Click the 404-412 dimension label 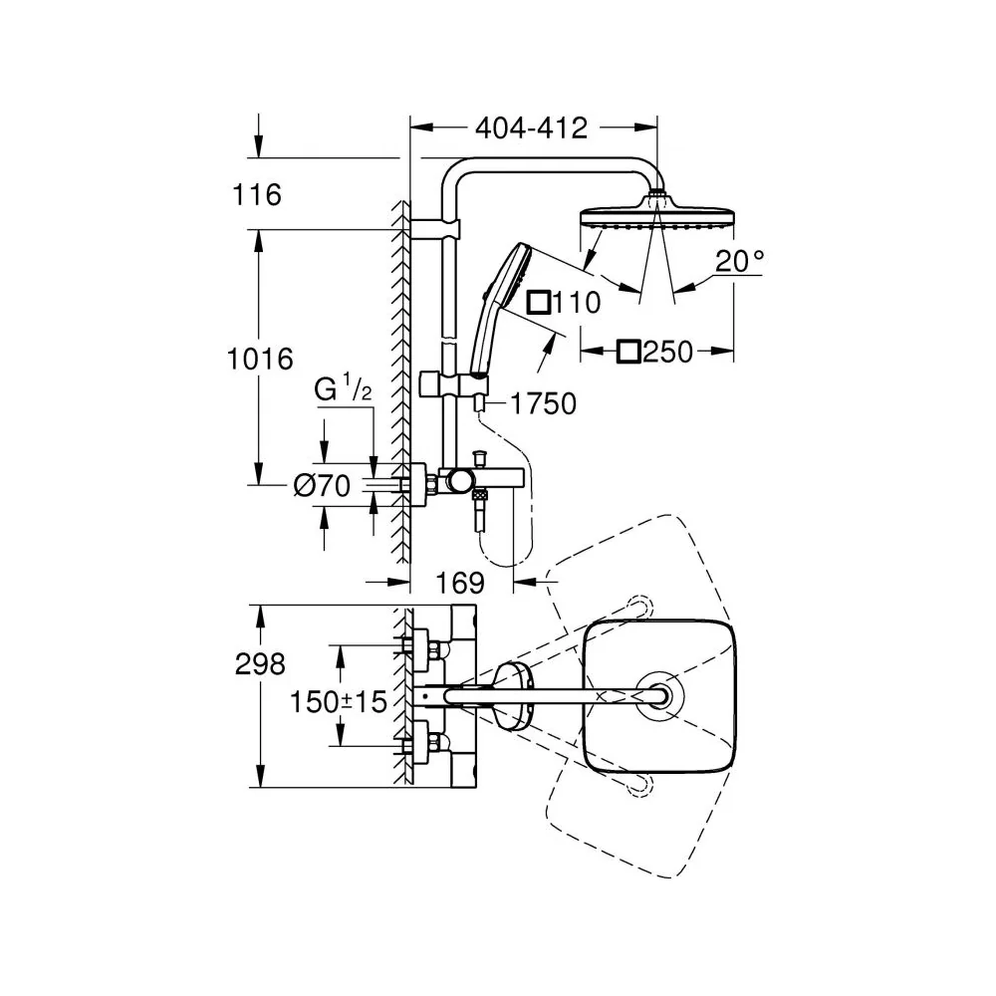click(532, 128)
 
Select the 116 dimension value click(257, 195)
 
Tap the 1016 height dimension click(260, 360)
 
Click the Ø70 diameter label click(322, 487)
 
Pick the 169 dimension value click(460, 583)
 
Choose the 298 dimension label click(260, 664)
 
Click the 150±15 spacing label click(339, 702)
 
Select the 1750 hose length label click(544, 404)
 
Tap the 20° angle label click(740, 261)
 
